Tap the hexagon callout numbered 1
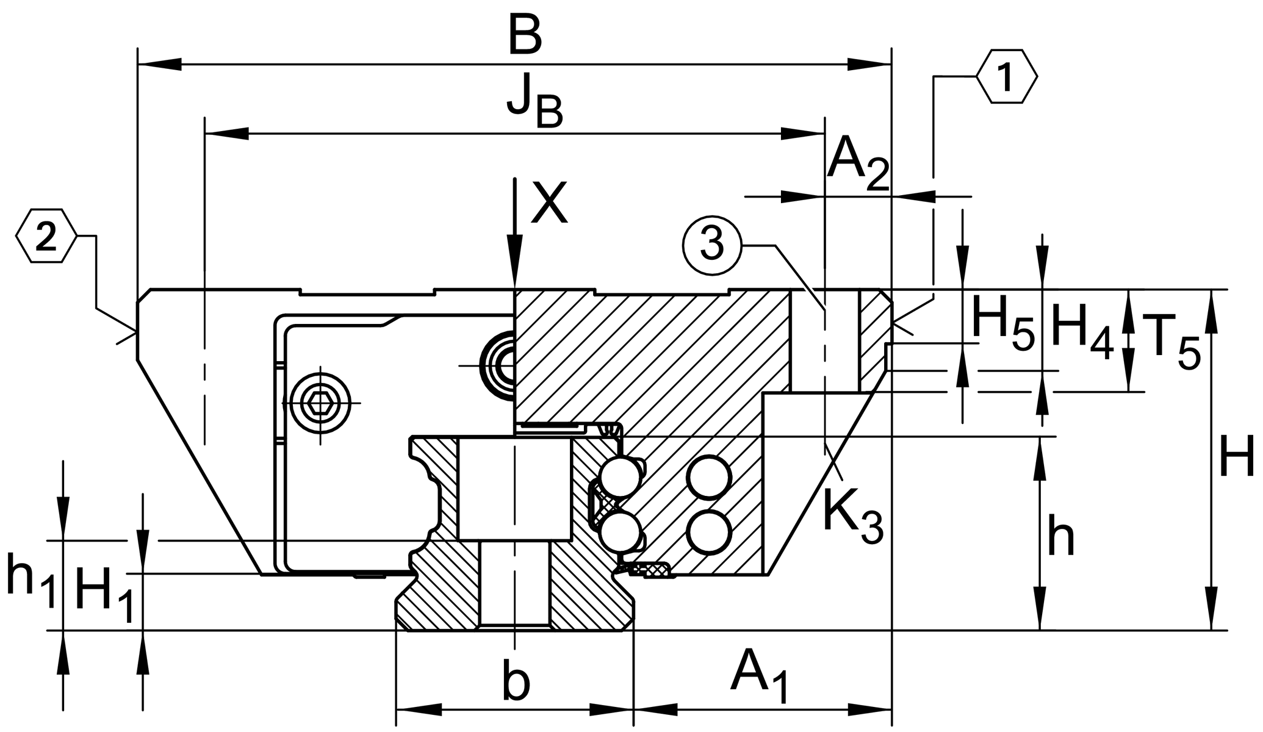pos(1006,77)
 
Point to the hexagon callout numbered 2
pos(46,237)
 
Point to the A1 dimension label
pos(760,677)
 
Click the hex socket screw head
pos(322,403)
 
